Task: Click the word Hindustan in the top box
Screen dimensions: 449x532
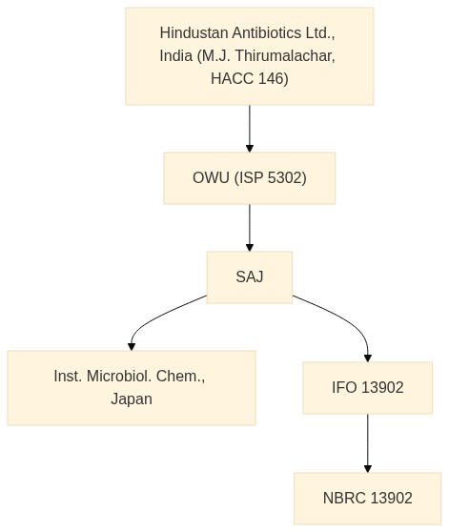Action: click(194, 33)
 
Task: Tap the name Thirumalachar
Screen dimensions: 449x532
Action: click(285, 55)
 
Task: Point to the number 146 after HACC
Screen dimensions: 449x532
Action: click(274, 78)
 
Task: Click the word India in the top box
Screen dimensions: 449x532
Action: click(176, 55)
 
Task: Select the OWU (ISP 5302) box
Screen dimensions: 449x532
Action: click(250, 178)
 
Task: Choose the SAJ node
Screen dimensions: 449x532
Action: click(250, 277)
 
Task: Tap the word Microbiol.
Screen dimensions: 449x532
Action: click(119, 376)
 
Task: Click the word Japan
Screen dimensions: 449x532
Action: click(132, 399)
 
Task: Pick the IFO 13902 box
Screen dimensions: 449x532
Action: click(368, 388)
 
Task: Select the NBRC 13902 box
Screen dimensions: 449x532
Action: click(368, 499)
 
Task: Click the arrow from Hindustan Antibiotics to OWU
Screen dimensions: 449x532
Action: click(250, 129)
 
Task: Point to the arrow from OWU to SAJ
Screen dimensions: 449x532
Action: click(250, 228)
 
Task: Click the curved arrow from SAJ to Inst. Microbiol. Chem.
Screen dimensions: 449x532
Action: click(156, 317)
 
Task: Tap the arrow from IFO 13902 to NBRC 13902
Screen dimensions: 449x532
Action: click(368, 443)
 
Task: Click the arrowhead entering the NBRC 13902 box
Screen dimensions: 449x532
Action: click(368, 468)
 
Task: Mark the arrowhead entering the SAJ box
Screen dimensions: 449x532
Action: click(250, 247)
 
